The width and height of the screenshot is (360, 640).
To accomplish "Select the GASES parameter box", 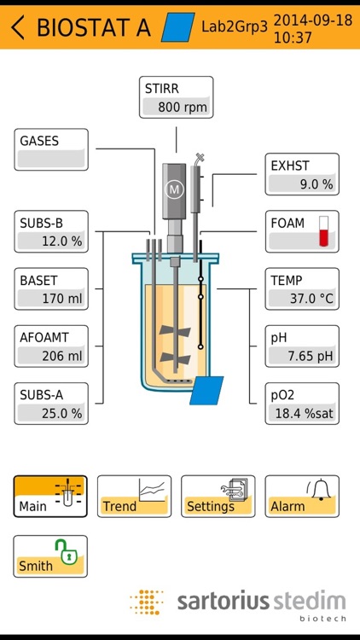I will [x=51, y=149].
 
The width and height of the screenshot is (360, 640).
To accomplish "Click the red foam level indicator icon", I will [x=323, y=231].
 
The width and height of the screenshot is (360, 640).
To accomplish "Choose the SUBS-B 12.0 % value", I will [x=51, y=241].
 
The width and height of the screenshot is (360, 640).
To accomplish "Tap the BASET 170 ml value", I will [x=51, y=299].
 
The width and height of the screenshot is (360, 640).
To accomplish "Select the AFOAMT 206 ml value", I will [x=51, y=356].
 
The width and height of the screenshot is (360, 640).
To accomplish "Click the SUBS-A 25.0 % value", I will [x=51, y=413].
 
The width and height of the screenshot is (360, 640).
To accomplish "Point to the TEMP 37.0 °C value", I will [x=302, y=299].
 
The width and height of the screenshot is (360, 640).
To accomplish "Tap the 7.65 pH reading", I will [x=302, y=356].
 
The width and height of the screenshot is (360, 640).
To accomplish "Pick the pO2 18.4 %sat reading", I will [x=302, y=413].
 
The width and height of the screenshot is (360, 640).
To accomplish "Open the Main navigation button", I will [x=50, y=496].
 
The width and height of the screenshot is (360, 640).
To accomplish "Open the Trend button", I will [x=134, y=496].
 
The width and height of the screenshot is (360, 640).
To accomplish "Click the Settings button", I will [x=218, y=496].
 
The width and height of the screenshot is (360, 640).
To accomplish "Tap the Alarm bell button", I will [x=301, y=496].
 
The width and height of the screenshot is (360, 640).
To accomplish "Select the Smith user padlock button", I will [x=50, y=556].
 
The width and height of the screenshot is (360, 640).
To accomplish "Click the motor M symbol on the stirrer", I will [x=175, y=189].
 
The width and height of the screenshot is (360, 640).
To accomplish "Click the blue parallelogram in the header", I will [x=177, y=27].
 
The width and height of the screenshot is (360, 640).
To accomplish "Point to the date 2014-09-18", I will [x=313, y=19].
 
